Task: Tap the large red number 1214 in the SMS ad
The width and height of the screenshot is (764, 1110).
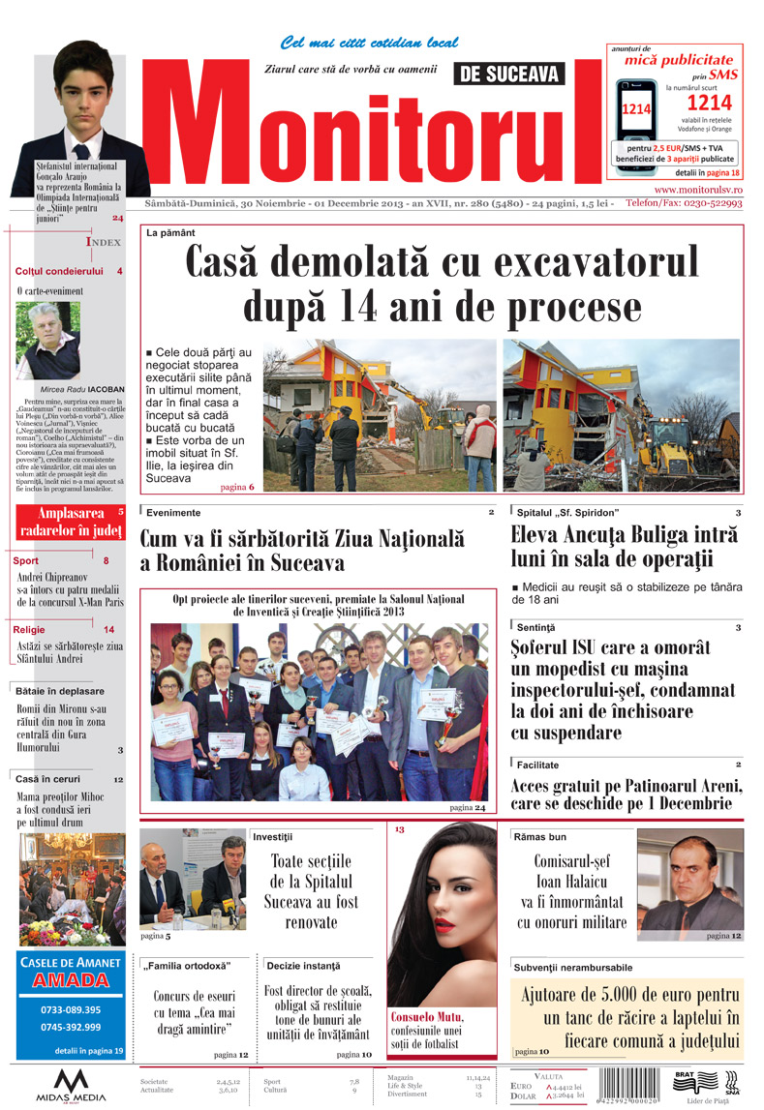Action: coord(709,103)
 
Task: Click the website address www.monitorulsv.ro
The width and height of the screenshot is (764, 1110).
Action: coord(697,191)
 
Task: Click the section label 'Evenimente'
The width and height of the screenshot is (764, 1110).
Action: coord(174,512)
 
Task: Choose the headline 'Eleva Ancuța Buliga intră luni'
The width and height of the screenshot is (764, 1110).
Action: coord(624,547)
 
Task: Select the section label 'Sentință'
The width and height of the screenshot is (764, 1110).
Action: coord(536,628)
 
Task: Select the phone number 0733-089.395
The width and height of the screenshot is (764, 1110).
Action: coord(71,1009)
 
